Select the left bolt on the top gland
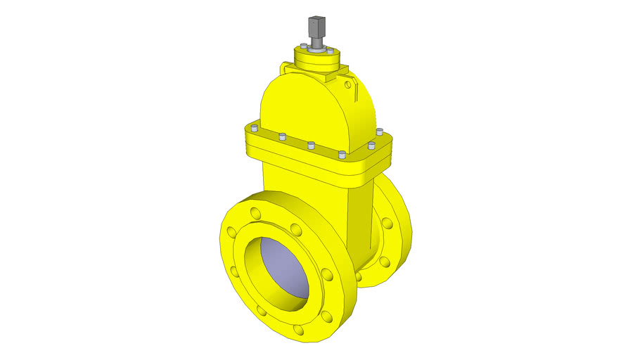[x=302, y=46]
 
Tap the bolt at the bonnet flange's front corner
[x=342, y=155]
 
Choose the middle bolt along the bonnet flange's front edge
[x=310, y=146]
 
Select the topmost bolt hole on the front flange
[x=256, y=211]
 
